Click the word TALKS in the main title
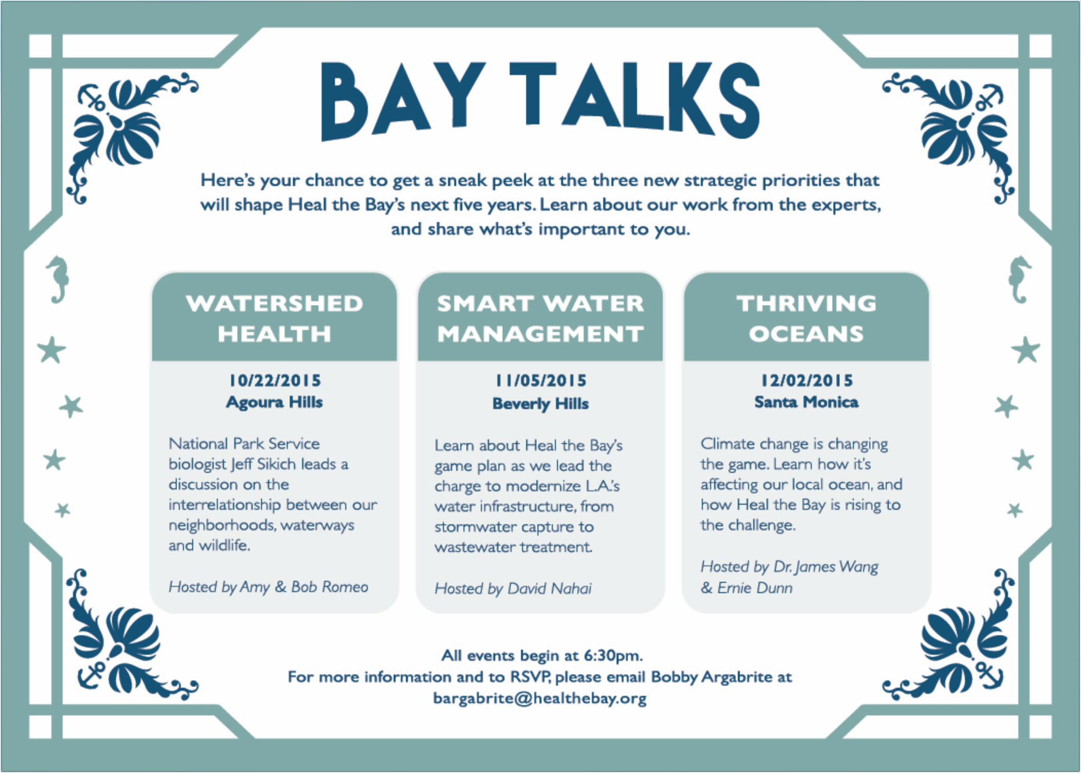tap(635, 99)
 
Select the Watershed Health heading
tap(274, 318)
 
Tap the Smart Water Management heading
tap(540, 318)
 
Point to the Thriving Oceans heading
tap(806, 318)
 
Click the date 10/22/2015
tap(275, 380)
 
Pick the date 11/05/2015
tap(540, 380)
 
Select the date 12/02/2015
tap(807, 380)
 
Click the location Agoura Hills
tap(274, 402)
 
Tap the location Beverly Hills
tap(540, 404)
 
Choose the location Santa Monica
tap(806, 402)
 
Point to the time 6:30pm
tap(613, 656)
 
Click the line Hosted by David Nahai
tap(513, 588)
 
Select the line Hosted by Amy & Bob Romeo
tap(268, 587)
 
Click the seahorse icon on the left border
tap(58, 279)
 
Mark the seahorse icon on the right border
tap(1020, 279)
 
